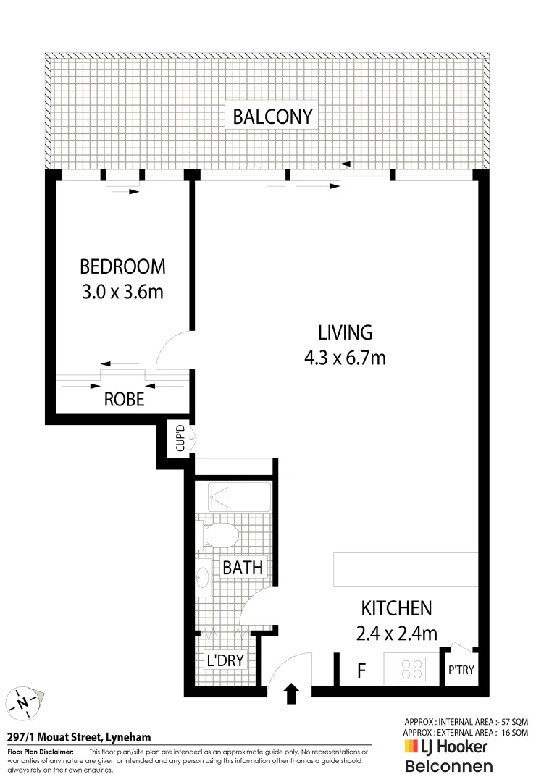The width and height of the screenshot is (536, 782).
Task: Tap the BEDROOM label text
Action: click(122, 266)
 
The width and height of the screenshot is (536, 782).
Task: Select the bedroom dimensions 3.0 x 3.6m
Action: click(122, 293)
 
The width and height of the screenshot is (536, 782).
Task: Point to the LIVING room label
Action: click(346, 332)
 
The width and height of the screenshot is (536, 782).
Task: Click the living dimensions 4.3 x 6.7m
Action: click(346, 358)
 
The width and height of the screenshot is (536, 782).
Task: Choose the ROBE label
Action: click(124, 399)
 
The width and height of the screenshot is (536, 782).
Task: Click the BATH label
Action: click(243, 568)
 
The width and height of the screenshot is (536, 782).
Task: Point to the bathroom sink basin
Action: click(204, 577)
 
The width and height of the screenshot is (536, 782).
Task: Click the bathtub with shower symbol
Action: click(238, 497)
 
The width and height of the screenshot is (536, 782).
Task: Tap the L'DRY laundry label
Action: click(225, 660)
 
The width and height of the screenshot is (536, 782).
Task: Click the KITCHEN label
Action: click(396, 608)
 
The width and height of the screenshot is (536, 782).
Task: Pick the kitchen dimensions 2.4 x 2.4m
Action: click(396, 634)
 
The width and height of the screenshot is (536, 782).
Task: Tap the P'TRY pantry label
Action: click(461, 670)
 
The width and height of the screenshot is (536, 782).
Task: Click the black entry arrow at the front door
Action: click(291, 694)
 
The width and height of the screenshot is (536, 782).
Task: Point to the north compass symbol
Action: click(25, 702)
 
